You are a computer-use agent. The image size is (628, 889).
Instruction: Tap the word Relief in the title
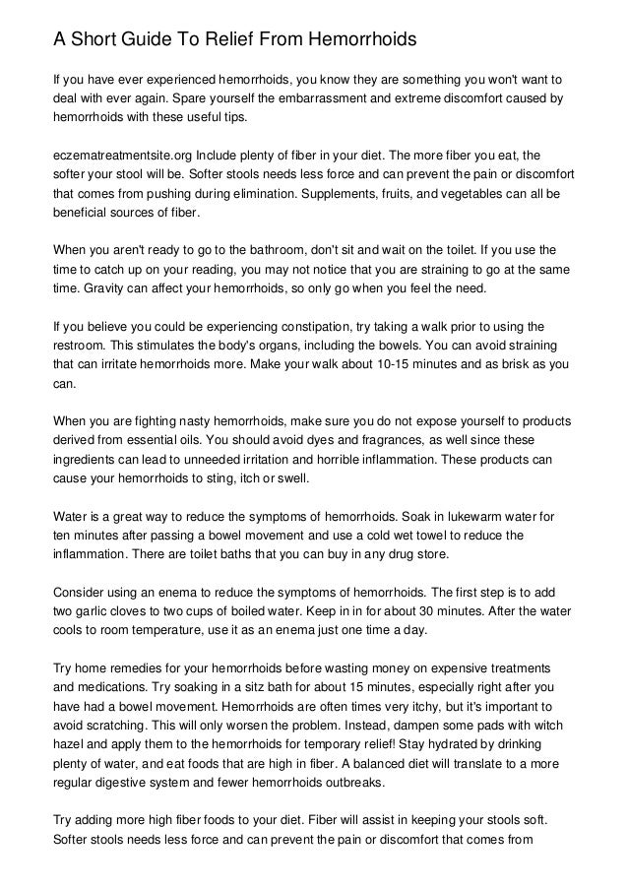(x=237, y=39)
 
